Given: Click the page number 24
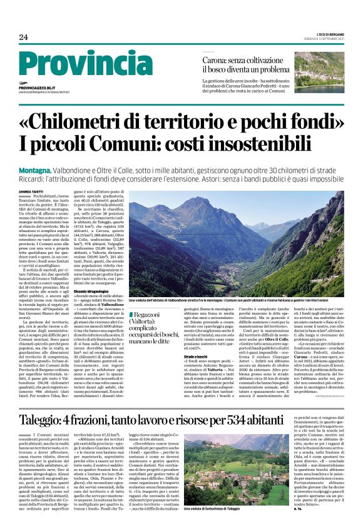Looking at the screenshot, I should [x=24, y=37].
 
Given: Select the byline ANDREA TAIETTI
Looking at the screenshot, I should [x=32, y=190].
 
